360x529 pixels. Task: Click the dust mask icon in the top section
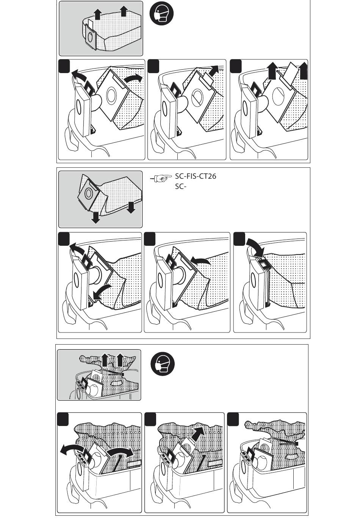coord(162,14)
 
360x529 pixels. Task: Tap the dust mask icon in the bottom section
coord(163,364)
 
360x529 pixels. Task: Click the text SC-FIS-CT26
coord(196,176)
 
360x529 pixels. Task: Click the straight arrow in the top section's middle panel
coord(213,71)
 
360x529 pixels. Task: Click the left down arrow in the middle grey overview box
coord(95,217)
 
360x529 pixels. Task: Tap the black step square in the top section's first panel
coord(65,66)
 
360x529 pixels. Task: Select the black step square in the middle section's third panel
coord(239,239)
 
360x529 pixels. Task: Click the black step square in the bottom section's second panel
coord(150,419)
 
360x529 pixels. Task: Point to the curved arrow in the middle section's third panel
coord(255,247)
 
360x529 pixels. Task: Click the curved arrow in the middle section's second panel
coord(200,261)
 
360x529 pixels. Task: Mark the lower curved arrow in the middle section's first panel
coord(101,291)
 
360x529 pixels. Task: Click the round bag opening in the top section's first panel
coord(111,95)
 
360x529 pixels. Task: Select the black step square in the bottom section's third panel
coord(233,419)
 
